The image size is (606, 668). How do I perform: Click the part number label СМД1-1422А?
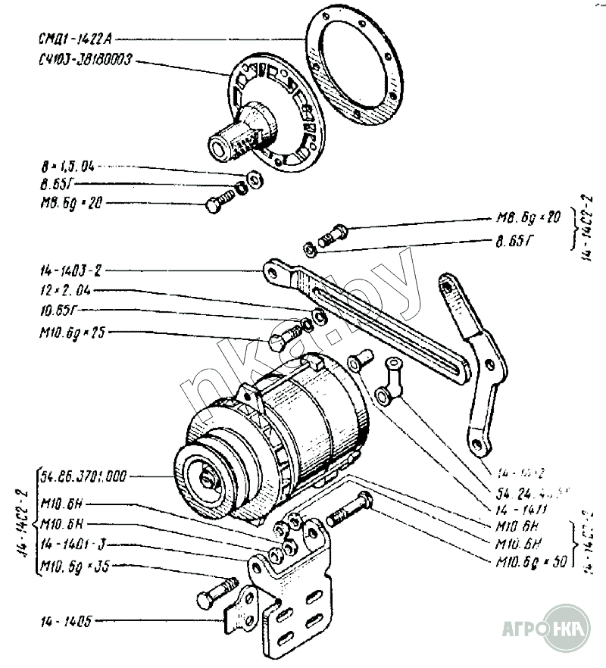point(73,38)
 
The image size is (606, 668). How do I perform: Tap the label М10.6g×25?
point(73,332)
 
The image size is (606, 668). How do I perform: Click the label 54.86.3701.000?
point(83,476)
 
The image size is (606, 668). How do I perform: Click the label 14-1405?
point(67,622)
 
